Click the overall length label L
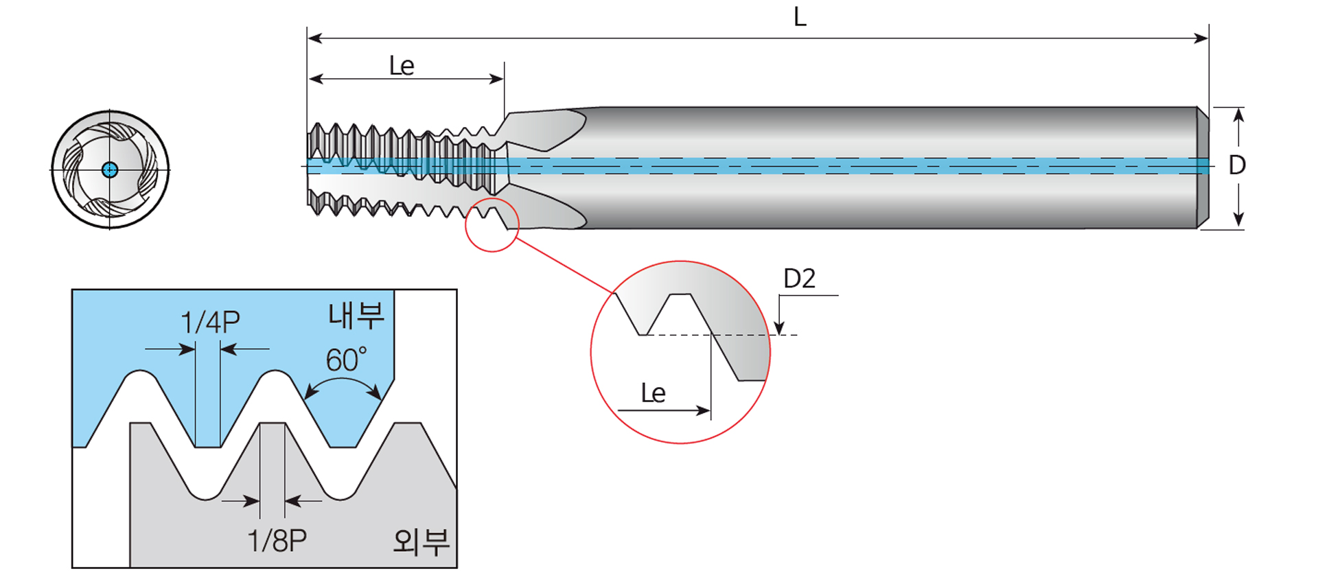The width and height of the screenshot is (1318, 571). (x=800, y=16)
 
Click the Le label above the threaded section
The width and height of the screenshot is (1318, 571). (x=402, y=67)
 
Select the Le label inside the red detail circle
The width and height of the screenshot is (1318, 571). (x=653, y=393)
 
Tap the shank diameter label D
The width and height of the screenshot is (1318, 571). (x=1237, y=165)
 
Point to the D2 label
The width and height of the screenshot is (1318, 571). (x=800, y=279)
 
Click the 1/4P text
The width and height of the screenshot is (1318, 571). (x=210, y=323)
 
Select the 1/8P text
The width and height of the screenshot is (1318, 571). (x=277, y=541)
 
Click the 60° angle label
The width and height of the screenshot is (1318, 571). (x=346, y=360)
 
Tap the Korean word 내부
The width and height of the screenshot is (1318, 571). (x=356, y=315)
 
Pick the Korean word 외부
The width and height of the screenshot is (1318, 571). (x=421, y=541)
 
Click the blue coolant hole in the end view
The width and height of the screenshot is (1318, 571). (x=110, y=170)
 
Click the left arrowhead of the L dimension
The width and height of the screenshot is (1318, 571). (x=315, y=38)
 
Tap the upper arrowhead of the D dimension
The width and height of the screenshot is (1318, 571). (x=1238, y=116)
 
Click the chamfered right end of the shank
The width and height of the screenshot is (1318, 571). (x=1203, y=167)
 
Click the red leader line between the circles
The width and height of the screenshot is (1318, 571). (x=564, y=266)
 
